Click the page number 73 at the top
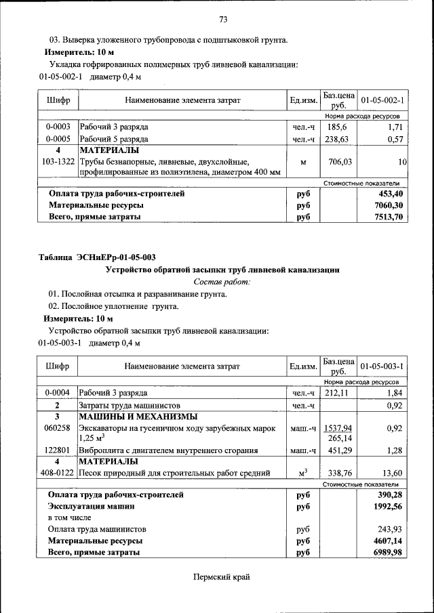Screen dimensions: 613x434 point(222,18)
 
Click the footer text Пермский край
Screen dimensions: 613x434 point(222,576)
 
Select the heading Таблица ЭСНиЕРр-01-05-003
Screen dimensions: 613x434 point(97,257)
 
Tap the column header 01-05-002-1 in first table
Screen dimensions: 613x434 point(382,101)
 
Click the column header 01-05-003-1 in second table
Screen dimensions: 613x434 point(382,366)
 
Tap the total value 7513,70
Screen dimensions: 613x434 point(389,217)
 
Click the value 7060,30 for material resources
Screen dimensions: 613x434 point(389,205)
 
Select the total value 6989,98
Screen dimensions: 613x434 point(389,553)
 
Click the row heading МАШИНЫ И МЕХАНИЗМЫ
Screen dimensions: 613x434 point(138,416)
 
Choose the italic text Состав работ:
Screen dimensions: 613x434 point(222,281)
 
